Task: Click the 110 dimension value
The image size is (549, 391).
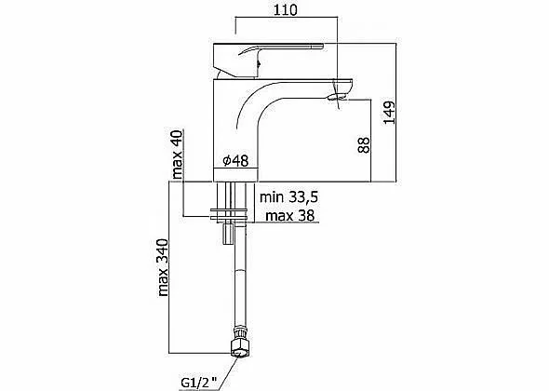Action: pos(285,10)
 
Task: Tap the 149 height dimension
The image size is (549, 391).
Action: pos(389,113)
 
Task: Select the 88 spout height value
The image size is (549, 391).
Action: pos(364,145)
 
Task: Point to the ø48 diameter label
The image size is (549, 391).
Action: pos(235,160)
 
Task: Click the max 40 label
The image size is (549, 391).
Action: pos(178,155)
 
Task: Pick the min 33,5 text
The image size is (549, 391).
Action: pos(288,197)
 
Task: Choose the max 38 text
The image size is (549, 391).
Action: pos(290,215)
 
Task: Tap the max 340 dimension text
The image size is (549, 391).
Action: pos(163,268)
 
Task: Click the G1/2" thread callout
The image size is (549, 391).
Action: pos(199,382)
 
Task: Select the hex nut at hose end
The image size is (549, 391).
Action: pos(240,347)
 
